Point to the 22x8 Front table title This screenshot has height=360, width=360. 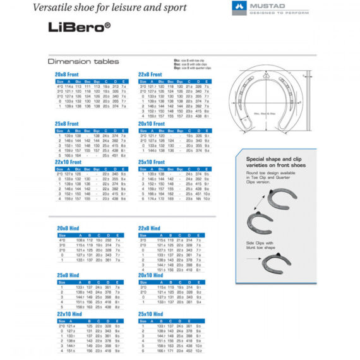pos(150,75)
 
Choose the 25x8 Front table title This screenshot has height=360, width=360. pos(66,124)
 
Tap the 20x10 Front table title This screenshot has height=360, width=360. pos(151,124)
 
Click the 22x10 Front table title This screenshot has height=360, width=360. pos(68,162)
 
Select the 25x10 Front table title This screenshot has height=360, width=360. pos(151,162)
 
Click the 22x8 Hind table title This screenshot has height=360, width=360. pos(149,228)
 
